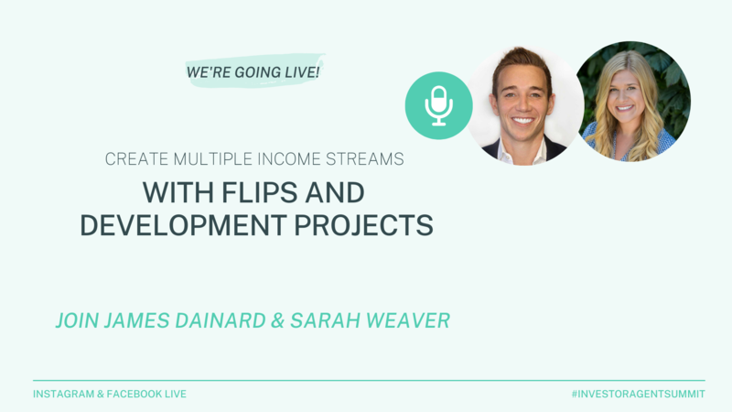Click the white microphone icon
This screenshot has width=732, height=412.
coord(439,106)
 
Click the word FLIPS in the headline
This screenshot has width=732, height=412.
coord(259,192)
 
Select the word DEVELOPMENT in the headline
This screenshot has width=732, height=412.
coord(183,225)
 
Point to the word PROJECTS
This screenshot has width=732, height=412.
coord(363,225)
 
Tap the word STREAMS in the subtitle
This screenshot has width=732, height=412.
coord(364,159)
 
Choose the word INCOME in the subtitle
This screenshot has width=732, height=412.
coord(290,159)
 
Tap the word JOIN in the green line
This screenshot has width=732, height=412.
coord(77,320)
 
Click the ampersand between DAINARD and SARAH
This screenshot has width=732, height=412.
coord(277,320)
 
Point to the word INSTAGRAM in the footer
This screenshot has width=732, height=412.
coord(63,394)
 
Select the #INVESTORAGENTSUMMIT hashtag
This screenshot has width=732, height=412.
coord(638,394)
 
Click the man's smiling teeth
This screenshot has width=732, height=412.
coord(523,121)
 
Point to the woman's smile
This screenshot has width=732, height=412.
coord(625,108)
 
